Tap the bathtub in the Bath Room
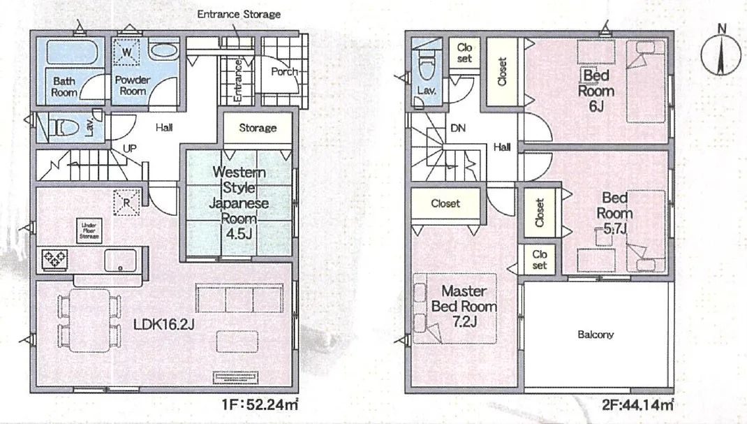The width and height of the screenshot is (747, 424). click(x=73, y=52)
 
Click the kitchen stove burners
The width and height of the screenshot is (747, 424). click(x=54, y=260)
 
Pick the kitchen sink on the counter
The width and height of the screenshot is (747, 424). click(x=120, y=261)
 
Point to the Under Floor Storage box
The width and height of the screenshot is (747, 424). click(x=89, y=230)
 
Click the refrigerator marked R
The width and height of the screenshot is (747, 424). click(x=127, y=203)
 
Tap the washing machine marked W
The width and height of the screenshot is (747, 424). click(x=127, y=52)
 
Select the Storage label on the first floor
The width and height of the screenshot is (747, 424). click(x=258, y=128)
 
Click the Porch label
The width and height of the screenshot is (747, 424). click(x=284, y=71)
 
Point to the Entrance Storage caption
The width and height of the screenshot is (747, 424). click(x=239, y=14)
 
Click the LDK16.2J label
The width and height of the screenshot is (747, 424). click(x=163, y=324)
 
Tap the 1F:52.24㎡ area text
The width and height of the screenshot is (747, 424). click(x=260, y=405)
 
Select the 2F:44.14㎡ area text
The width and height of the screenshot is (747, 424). click(x=637, y=405)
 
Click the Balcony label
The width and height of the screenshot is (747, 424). click(x=596, y=335)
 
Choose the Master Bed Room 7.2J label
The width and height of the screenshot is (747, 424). click(x=464, y=306)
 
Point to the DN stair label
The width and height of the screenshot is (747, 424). click(x=458, y=128)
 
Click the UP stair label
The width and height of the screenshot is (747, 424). click(x=130, y=148)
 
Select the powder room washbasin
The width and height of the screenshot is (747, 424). click(x=164, y=51)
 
